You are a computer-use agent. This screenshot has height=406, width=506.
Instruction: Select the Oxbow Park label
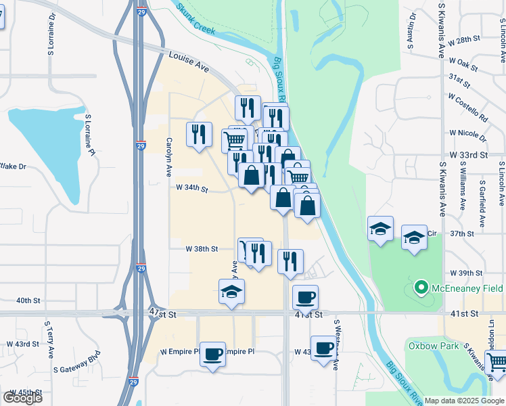432,345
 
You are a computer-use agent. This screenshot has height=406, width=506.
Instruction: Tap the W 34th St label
191,187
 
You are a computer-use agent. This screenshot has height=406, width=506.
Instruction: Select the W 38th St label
202,248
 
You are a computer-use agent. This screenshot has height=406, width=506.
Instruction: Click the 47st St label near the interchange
162,315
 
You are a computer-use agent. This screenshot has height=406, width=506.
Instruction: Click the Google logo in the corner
22,398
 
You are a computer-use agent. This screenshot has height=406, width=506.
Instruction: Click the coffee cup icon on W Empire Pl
212,354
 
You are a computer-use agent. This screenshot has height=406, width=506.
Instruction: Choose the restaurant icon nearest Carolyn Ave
199,133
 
